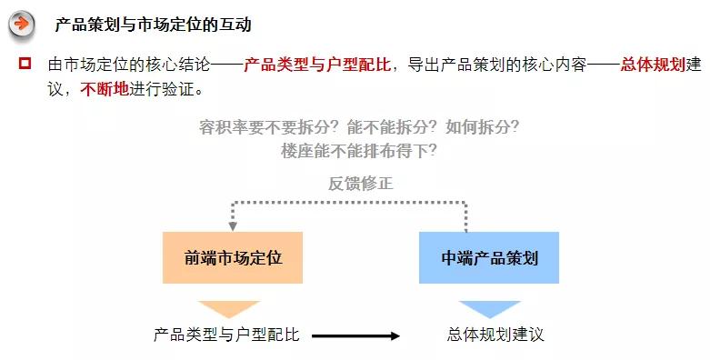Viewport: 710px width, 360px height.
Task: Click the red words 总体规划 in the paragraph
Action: pyautogui.click(x=652, y=65)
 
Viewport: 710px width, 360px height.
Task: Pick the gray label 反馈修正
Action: pyautogui.click(x=361, y=183)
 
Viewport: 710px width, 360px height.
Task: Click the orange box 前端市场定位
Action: pyautogui.click(x=233, y=257)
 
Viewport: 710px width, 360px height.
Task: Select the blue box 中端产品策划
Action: pyautogui.click(x=489, y=257)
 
